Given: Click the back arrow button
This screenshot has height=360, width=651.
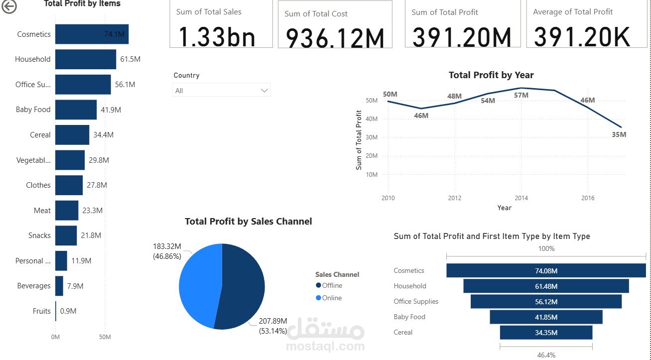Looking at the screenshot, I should pos(9,6).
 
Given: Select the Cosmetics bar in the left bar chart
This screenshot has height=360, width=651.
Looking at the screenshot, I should pos(92,34).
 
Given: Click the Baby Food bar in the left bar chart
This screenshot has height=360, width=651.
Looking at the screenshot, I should pos(76,110).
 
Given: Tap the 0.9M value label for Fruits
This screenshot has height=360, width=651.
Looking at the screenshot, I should pos(68,311).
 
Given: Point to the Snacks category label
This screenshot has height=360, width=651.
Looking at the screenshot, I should pos(39,236).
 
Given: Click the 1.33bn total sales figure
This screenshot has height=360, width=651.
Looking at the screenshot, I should pos(217,36).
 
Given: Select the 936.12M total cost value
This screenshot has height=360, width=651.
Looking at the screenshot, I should pos(335,38).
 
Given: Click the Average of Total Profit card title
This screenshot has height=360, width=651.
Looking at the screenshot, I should pos(573,12).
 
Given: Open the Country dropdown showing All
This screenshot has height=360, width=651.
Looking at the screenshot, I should pos(221,91).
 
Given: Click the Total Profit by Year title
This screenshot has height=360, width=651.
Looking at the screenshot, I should pos(491,75).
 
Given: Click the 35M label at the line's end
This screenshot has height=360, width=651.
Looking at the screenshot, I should pos(619,134).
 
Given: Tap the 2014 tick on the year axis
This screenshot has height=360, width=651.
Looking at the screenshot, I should pos(521,198).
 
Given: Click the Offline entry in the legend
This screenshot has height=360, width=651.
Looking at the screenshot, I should pos(332,285).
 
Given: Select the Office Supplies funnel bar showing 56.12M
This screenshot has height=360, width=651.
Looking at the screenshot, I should pos(546,302).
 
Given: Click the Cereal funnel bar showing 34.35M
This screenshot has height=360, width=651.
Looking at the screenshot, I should pos(546,333).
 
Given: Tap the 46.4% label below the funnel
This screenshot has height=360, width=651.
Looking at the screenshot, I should pos(546,355).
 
